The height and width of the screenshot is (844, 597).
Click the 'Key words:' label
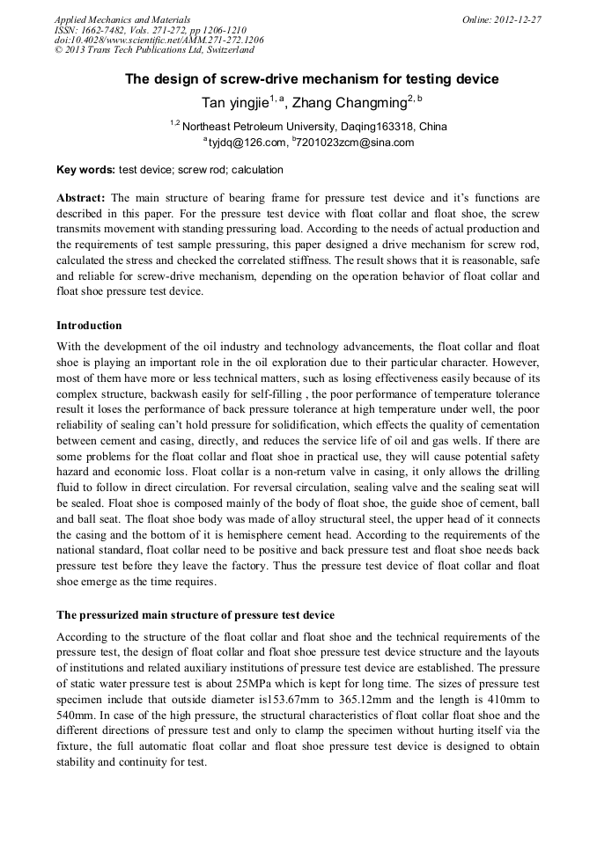coord(85,169)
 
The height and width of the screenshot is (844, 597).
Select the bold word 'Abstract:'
coord(82,197)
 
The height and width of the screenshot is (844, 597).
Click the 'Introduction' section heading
coord(89,326)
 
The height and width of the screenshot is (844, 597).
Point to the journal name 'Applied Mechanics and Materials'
coord(122,19)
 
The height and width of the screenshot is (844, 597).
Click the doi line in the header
coord(158,40)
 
